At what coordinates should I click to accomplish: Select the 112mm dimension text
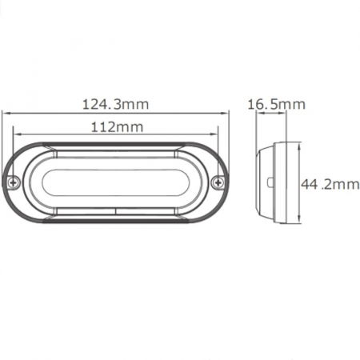[117, 127]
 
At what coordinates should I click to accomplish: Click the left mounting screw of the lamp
[14, 182]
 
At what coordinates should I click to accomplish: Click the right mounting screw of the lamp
[218, 183]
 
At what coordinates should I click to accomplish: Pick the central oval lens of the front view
[116, 182]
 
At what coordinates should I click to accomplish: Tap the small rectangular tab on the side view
[271, 183]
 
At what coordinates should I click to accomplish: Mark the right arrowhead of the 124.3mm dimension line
[227, 114]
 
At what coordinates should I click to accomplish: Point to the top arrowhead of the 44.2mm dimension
[300, 145]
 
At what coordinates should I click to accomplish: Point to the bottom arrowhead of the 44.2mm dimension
[300, 221]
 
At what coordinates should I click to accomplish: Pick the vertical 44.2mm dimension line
[300, 183]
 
